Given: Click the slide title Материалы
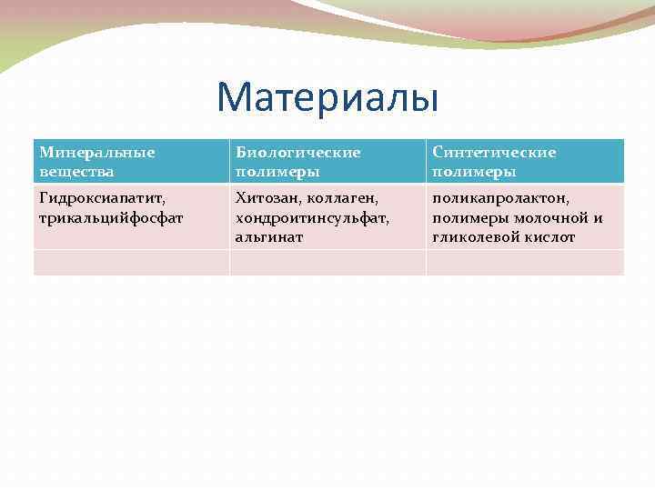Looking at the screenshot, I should pyautogui.click(x=327, y=97).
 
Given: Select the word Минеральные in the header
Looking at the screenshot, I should pyautogui.click(x=97, y=153).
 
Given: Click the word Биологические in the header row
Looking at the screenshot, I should pyautogui.click(x=297, y=153).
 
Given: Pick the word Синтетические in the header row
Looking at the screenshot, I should pyautogui.click(x=494, y=153).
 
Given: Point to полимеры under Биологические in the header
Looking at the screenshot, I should pyautogui.click(x=272, y=171).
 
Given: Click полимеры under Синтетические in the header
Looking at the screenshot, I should pyautogui.click(x=474, y=171).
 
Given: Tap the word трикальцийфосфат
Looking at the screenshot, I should pyautogui.click(x=111, y=217).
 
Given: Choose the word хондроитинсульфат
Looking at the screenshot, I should pyautogui.click(x=312, y=217).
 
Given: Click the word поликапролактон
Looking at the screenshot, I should pyautogui.click(x=501, y=197).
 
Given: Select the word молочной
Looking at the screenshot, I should pyautogui.click(x=546, y=217).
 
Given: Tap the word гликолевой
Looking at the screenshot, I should pyautogui.click(x=475, y=236).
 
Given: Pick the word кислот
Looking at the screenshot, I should pyautogui.click(x=549, y=236).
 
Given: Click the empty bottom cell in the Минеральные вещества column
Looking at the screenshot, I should pyautogui.click(x=131, y=263).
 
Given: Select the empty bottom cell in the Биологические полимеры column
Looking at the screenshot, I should pyautogui.click(x=327, y=263).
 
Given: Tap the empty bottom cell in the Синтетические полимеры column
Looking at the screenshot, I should pyautogui.click(x=525, y=263).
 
